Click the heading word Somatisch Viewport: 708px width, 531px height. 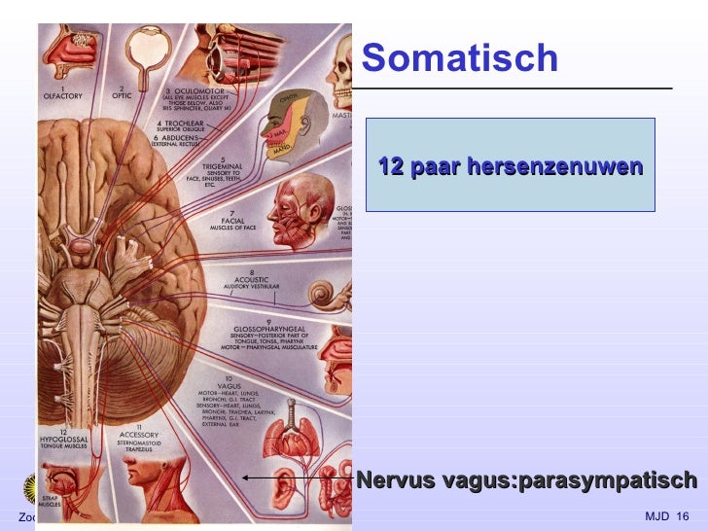(459, 59)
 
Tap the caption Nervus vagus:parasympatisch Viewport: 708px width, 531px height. (526, 479)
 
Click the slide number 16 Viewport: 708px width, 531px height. (681, 515)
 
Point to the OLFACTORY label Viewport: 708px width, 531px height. (66, 96)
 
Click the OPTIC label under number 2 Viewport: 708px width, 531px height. (123, 96)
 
